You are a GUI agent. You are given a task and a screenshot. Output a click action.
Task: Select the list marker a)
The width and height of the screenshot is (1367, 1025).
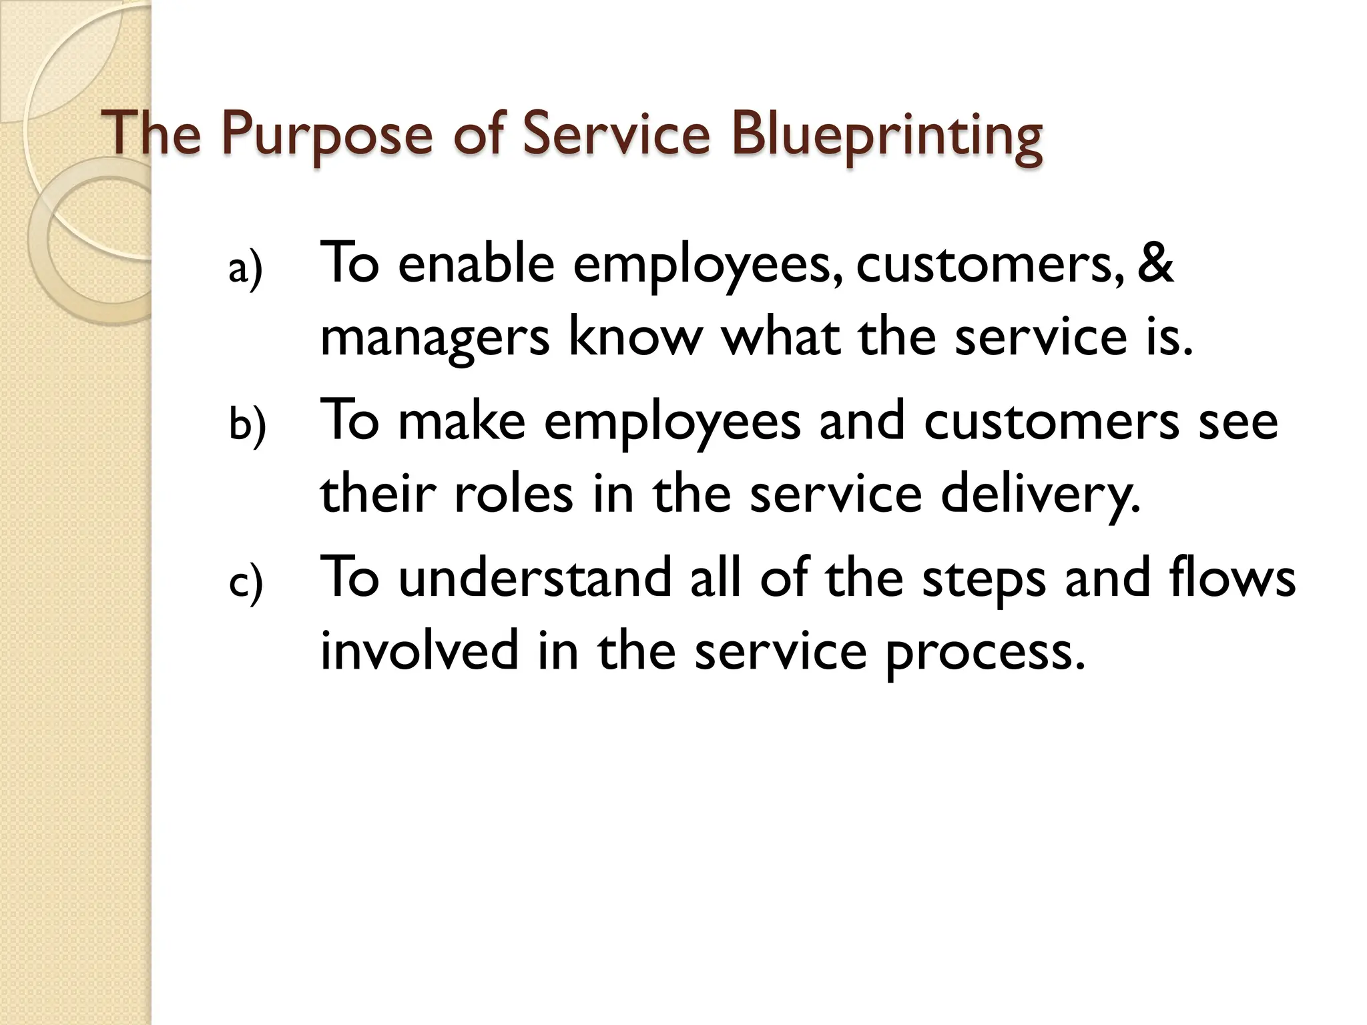[246, 269]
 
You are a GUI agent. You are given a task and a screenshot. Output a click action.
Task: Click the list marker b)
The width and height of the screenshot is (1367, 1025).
[247, 426]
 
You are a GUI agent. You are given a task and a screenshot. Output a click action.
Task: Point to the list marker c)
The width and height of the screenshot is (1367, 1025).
[246, 583]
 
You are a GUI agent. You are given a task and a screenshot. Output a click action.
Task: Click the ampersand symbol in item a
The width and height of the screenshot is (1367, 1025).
[1155, 264]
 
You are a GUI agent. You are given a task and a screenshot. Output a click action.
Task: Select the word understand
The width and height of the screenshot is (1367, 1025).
[535, 578]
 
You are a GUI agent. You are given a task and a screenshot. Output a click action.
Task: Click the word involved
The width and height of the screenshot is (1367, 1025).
[419, 651]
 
